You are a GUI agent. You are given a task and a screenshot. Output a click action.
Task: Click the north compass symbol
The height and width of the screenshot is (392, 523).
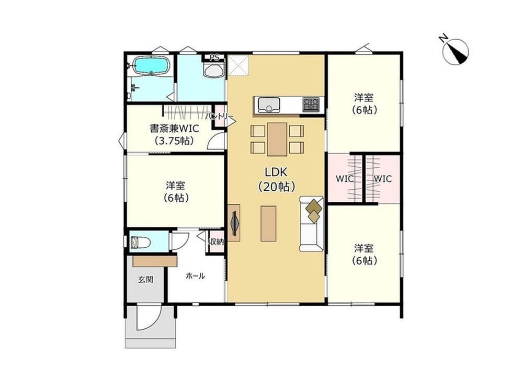coord(456,52)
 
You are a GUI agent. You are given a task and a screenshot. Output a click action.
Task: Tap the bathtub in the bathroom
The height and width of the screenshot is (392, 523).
coord(151,66)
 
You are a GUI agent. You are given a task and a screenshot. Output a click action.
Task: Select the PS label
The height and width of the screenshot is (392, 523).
coord(214,57)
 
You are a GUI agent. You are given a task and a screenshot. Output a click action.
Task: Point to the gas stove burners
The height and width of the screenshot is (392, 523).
coord(311,105)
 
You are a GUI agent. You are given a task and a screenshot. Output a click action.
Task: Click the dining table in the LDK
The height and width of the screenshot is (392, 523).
coord(277,139)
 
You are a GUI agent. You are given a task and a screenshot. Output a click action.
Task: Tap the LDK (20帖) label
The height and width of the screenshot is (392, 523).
coord(277,179)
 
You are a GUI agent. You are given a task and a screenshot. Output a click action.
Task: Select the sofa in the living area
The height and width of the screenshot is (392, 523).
coord(311,224)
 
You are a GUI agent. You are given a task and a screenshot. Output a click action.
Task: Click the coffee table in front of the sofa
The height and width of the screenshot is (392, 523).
coord(268,223)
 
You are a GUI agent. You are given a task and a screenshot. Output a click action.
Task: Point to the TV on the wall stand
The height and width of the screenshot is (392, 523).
coord(234,222)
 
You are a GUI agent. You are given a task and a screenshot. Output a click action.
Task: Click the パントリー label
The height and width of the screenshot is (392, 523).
coord(219,117)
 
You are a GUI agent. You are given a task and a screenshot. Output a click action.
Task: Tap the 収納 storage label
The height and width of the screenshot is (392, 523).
coord(216,242)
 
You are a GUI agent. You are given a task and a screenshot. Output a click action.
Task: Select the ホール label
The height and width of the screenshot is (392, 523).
coord(195,275)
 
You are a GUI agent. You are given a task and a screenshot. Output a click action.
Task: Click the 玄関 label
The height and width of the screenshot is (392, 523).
coord(146,279)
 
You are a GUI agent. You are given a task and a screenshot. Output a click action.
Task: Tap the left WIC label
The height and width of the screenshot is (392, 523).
coord(345,179)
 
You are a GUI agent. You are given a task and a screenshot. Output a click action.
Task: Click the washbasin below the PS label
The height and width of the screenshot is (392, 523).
coord(213,71)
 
